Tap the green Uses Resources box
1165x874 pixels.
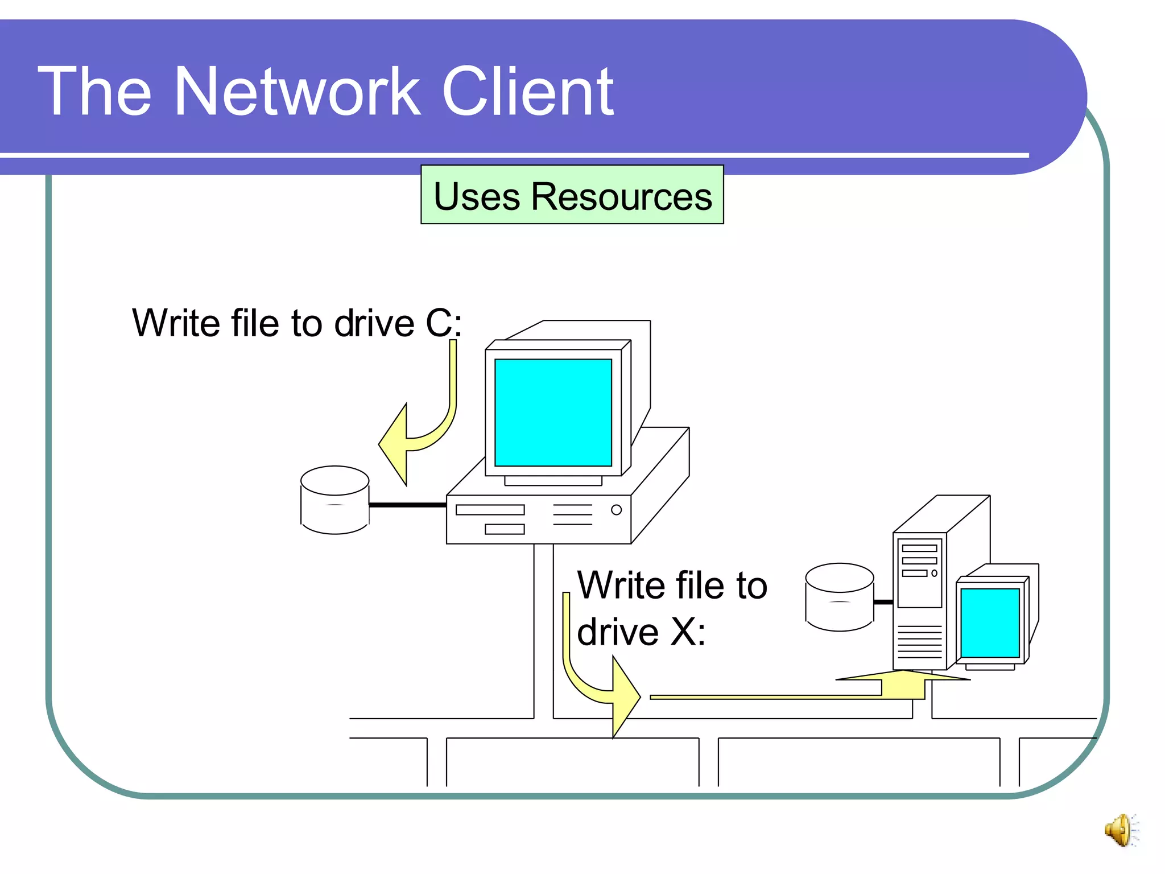click(x=572, y=195)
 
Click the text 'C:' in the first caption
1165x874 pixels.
click(x=444, y=323)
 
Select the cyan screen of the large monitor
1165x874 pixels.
click(x=553, y=412)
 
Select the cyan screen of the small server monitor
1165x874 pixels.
click(x=990, y=622)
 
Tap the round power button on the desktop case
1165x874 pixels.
click(x=616, y=510)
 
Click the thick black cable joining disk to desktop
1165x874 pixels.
click(x=407, y=505)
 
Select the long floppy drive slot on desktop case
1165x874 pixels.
click(x=490, y=510)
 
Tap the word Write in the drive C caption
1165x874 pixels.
click(x=176, y=323)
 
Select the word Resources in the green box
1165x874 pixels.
click(x=621, y=196)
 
